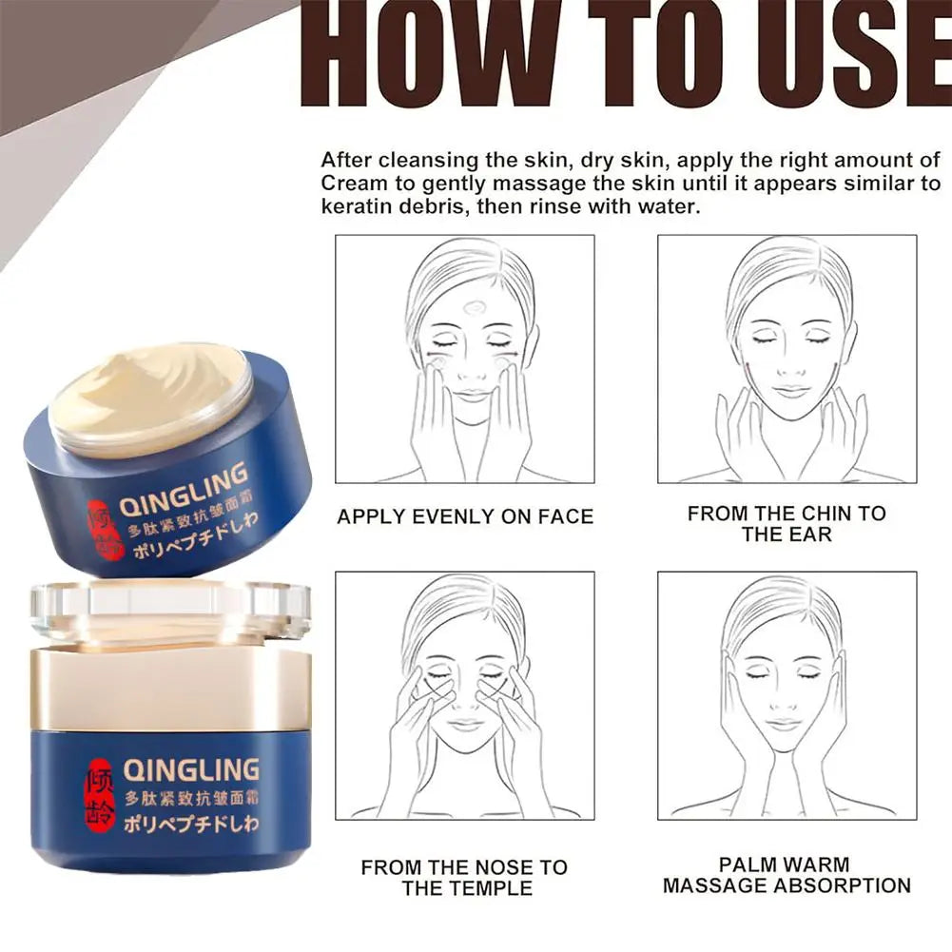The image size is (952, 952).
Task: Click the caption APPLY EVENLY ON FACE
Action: point(465,517)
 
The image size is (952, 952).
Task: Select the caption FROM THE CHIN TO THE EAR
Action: point(787,524)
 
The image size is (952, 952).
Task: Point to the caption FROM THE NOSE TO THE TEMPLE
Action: point(464,878)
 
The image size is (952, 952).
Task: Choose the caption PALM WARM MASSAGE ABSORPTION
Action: point(787,876)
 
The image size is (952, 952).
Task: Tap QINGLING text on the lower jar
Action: point(191,768)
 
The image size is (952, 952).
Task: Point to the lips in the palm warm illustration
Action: point(785,725)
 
